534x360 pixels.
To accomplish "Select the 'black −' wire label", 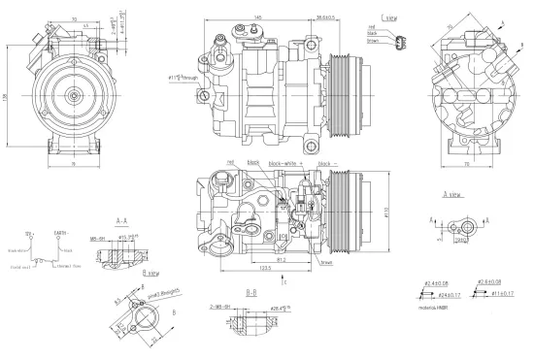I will coord(326,163).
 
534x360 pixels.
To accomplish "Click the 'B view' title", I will coord(151,274).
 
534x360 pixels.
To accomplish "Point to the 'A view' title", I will coord(452,193).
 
